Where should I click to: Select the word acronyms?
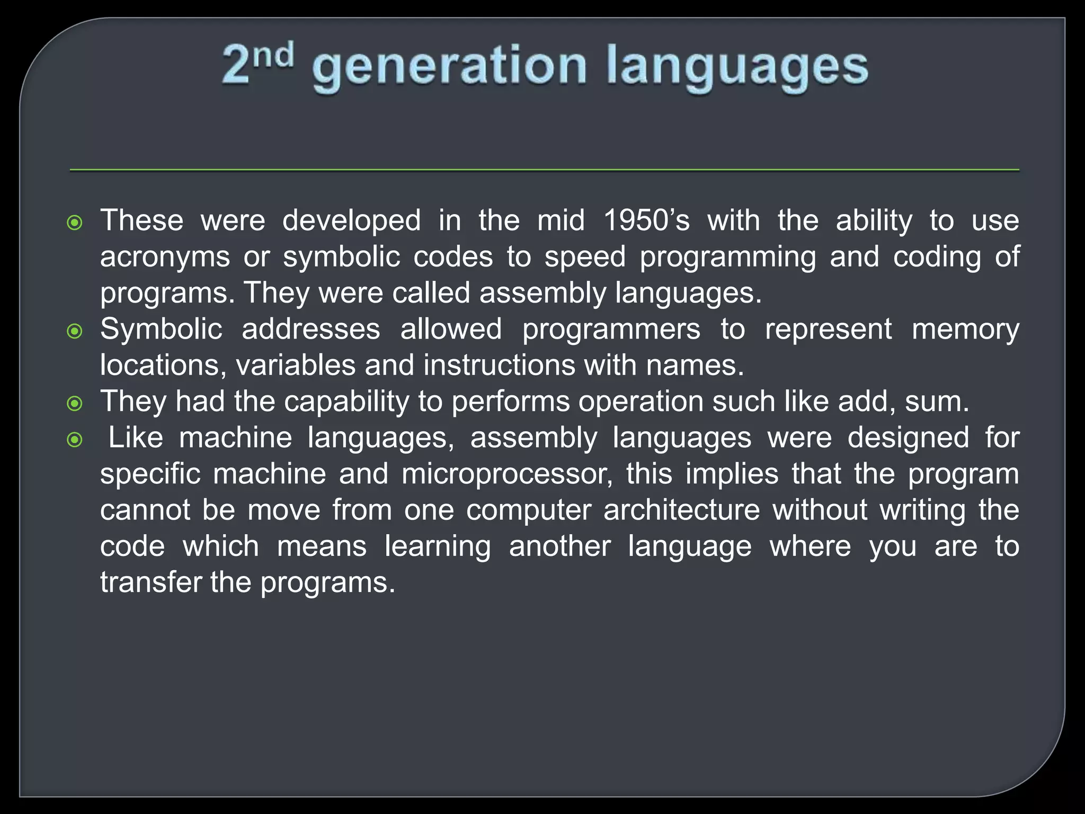click(x=165, y=257)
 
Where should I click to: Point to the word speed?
click(x=585, y=257)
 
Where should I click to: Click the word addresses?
click(x=311, y=329)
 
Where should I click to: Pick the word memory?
click(x=965, y=329)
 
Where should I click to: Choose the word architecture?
click(x=681, y=510)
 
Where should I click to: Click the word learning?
click(x=438, y=546)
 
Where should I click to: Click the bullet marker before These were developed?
click(x=75, y=223)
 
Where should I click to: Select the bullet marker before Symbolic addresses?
click(x=75, y=332)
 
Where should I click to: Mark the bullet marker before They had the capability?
click(x=75, y=404)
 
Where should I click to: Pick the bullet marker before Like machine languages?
click(x=75, y=440)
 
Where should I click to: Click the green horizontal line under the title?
click(x=544, y=170)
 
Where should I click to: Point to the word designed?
click(x=908, y=438)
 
